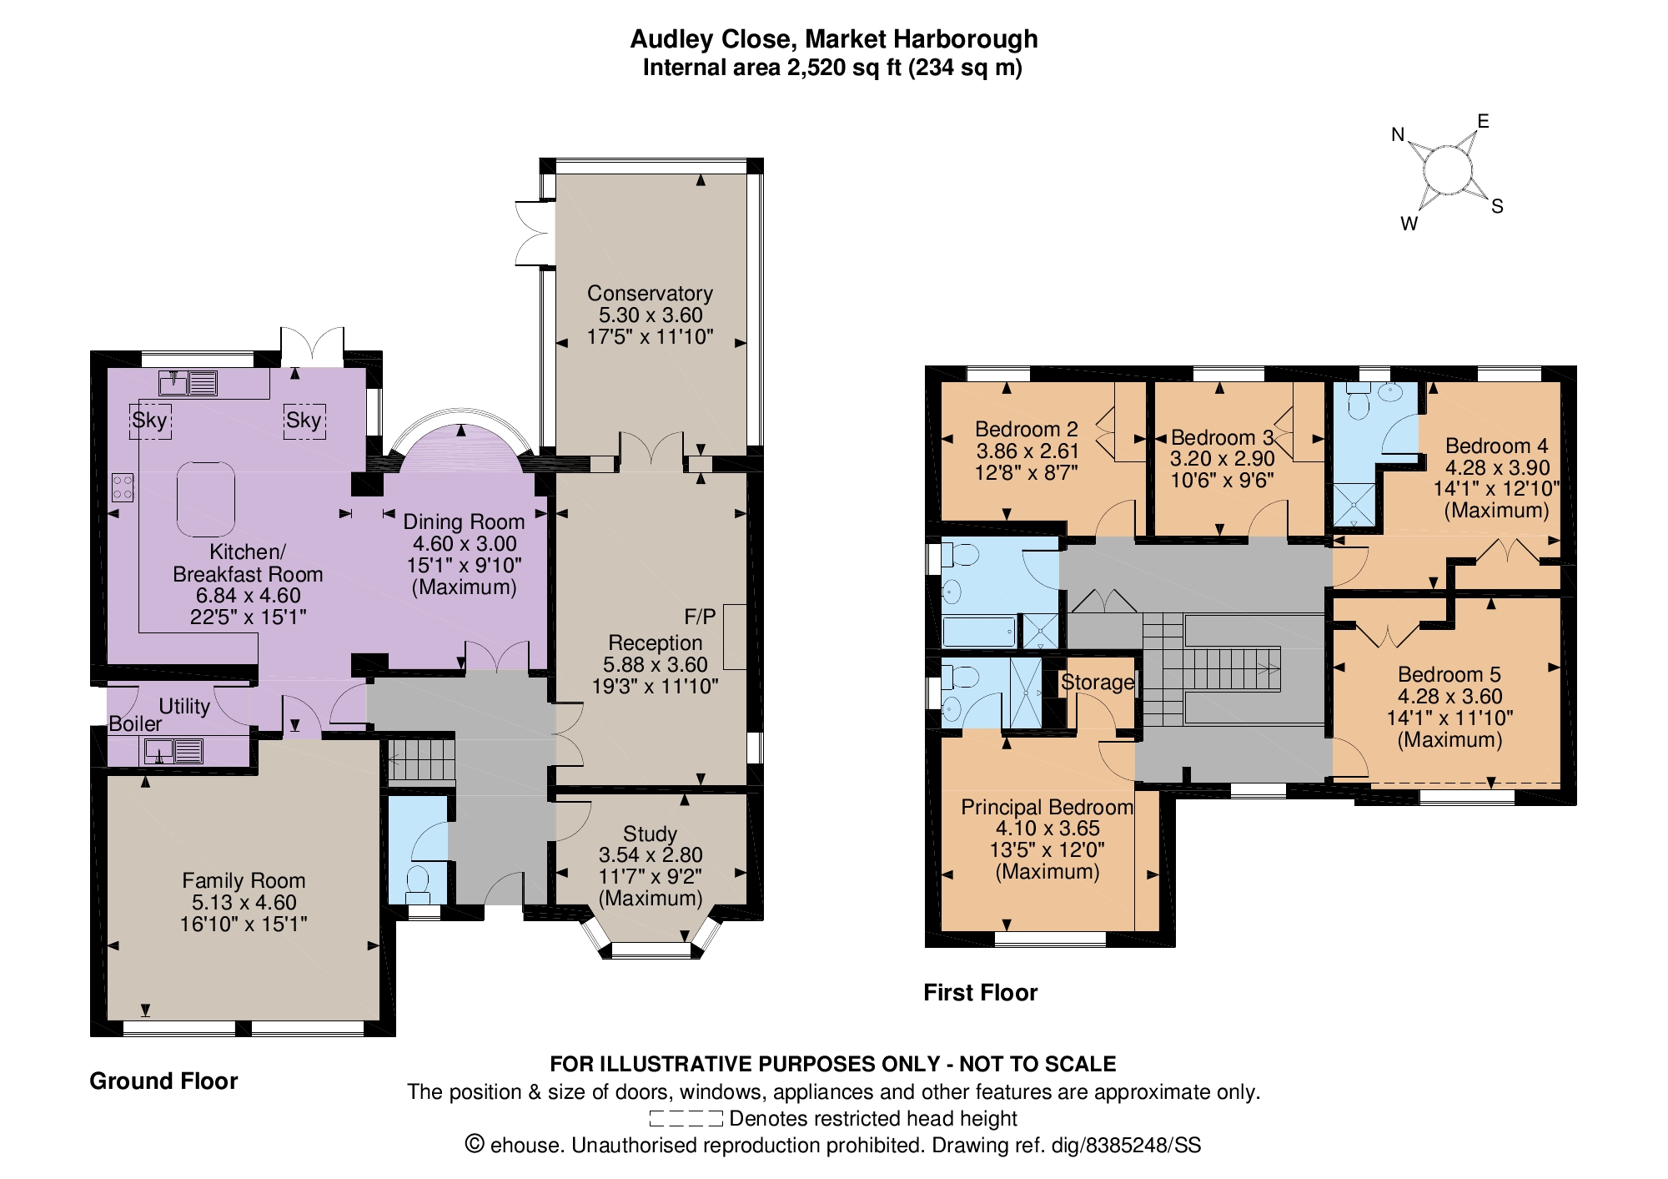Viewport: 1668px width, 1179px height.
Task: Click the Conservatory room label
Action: click(650, 293)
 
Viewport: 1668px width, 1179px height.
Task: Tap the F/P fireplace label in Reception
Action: click(700, 617)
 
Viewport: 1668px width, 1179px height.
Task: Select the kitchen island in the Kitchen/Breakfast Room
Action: click(206, 500)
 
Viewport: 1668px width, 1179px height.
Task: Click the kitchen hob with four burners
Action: click(123, 486)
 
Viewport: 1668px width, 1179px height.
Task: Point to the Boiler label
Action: click(135, 723)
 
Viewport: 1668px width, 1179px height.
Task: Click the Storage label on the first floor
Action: click(1098, 682)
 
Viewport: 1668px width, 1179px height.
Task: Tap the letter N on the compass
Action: click(1399, 134)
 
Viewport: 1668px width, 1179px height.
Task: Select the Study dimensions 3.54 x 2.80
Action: click(651, 854)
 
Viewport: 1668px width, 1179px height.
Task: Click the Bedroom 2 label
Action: click(1027, 429)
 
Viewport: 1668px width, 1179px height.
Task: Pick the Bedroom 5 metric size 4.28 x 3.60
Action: click(1450, 696)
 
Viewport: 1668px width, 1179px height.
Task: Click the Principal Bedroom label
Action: click(1048, 807)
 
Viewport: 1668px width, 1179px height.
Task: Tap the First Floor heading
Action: click(981, 992)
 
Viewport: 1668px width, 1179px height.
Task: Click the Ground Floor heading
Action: click(163, 1081)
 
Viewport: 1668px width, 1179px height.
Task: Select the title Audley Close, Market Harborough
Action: click(834, 38)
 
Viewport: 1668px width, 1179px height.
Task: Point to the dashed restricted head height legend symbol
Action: click(686, 1119)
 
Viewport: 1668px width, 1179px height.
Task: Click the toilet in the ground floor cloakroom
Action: click(417, 884)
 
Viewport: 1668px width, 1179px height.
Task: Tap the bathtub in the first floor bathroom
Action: click(980, 632)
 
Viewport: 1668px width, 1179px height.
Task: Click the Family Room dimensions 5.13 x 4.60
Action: click(244, 902)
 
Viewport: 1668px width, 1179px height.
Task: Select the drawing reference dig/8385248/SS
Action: click(1126, 1145)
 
